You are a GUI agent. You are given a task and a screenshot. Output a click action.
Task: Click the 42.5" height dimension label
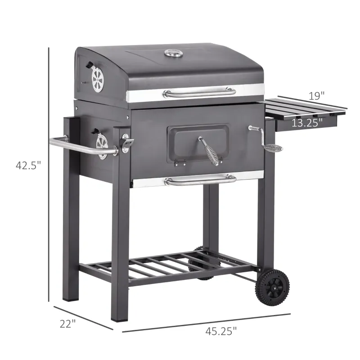tap(28, 165)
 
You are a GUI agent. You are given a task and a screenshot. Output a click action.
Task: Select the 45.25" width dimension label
tap(220, 332)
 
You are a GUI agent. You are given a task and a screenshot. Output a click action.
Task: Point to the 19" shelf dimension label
tap(316, 95)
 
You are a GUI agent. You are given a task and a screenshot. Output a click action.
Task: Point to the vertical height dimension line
tap(48, 175)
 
